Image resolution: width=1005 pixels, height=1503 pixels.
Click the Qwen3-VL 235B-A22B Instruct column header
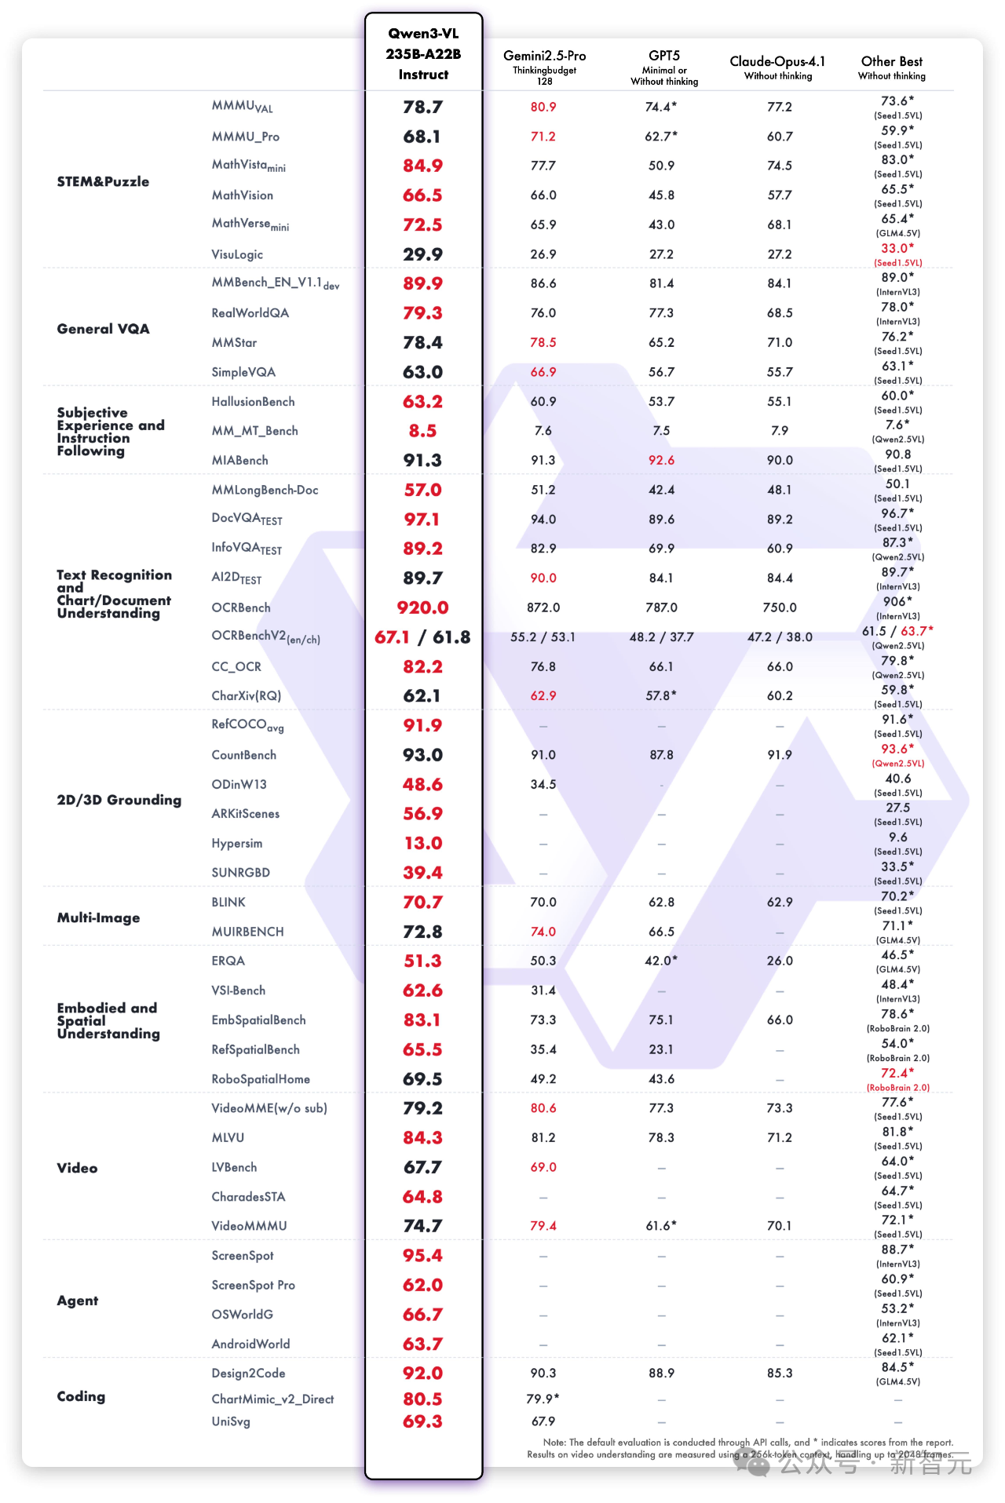[x=423, y=54]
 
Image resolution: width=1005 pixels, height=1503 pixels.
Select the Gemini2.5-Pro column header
[x=544, y=57]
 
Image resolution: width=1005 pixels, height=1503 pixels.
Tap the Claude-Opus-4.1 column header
[x=777, y=62]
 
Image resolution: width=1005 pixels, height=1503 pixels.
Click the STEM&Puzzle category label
[x=103, y=181]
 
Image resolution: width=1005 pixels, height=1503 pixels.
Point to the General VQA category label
[x=103, y=329]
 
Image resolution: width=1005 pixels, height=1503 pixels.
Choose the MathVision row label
[x=242, y=195]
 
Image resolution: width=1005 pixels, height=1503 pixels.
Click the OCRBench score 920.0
[x=422, y=607]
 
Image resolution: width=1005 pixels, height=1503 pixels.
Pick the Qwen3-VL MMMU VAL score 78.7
[x=422, y=107]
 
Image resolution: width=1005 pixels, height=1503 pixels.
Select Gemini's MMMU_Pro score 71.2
[x=543, y=137]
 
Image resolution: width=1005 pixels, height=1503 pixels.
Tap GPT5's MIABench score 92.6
[x=661, y=460]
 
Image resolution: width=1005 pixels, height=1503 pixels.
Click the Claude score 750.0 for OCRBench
[x=779, y=607]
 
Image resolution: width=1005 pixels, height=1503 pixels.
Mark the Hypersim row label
[x=236, y=844]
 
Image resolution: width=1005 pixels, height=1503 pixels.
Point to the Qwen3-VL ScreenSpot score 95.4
[x=422, y=1256]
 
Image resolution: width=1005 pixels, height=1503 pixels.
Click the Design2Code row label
[x=248, y=1373]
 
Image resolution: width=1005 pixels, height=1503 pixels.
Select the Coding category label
[x=81, y=1396]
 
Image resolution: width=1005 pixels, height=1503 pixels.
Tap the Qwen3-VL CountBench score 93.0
[x=422, y=755]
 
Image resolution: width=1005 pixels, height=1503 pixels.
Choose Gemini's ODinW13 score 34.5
[x=543, y=784]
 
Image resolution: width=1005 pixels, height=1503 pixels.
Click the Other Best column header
[x=891, y=62]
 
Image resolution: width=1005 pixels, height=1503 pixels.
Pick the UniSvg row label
[x=230, y=1421]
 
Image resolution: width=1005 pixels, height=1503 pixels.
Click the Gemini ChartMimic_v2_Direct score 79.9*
[x=543, y=1399]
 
